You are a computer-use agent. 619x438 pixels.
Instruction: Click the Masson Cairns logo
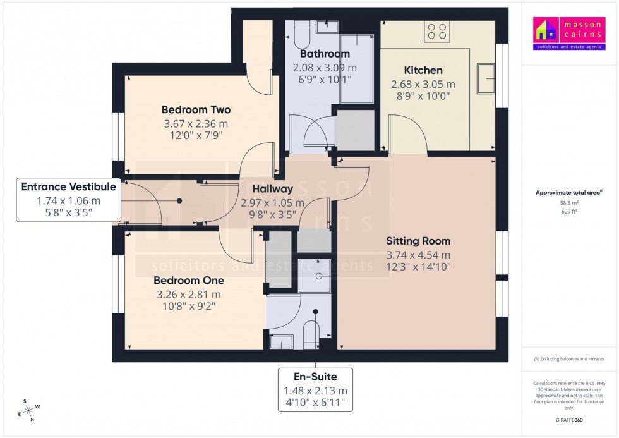point(569,34)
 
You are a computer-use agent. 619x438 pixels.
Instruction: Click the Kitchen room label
point(423,70)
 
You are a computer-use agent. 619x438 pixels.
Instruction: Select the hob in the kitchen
point(436,32)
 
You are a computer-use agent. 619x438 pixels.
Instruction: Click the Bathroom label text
point(325,54)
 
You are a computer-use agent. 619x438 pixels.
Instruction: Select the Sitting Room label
point(418,241)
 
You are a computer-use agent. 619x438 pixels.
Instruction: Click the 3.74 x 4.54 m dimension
point(418,255)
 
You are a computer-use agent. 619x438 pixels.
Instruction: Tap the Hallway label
point(272,189)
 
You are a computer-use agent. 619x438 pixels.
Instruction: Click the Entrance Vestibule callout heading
point(68,187)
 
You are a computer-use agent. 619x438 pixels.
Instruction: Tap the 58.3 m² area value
point(569,204)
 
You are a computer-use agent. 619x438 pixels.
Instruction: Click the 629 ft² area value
point(569,212)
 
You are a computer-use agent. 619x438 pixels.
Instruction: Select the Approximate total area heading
point(568,192)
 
